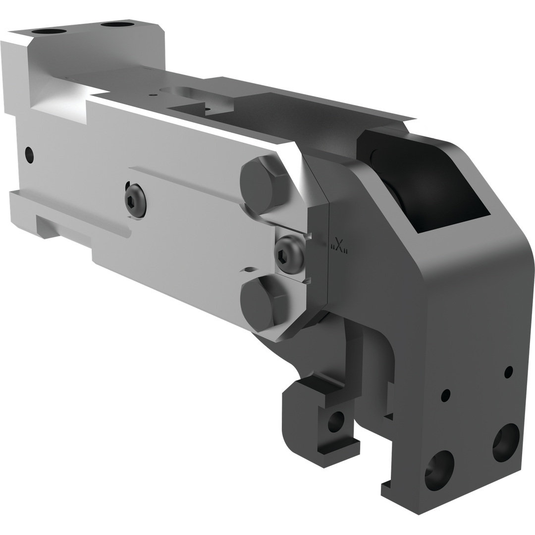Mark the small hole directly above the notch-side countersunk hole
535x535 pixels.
445,395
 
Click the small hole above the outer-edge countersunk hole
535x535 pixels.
508,370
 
